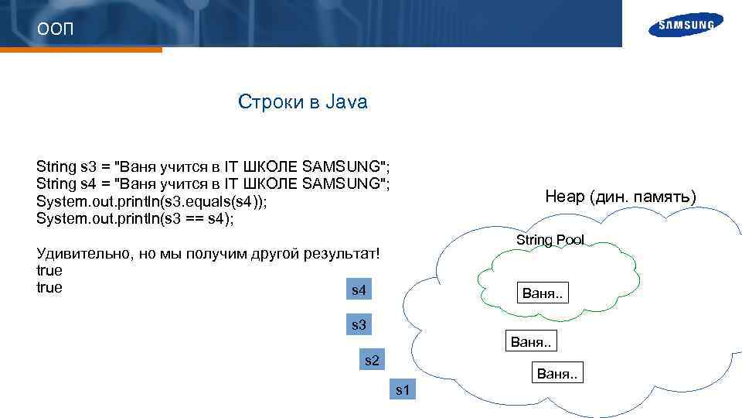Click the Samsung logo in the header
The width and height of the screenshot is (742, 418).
[686, 25]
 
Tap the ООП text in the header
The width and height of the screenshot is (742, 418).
[55, 30]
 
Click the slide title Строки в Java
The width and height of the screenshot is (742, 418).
[302, 102]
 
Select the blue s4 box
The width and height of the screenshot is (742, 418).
[359, 291]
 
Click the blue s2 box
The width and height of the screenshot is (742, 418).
[372, 360]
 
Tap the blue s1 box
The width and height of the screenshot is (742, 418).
[403, 389]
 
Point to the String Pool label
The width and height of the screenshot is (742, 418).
[550, 240]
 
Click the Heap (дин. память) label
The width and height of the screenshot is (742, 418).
[621, 197]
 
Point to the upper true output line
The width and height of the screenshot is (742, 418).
[49, 271]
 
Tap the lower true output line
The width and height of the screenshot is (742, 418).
[49, 288]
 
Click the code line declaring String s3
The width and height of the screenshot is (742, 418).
[213, 166]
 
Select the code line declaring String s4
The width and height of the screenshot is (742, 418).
[213, 184]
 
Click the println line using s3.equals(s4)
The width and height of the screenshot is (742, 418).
[154, 201]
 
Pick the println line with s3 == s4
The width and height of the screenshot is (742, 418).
[135, 218]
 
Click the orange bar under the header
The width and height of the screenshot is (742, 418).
[81, 50]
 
